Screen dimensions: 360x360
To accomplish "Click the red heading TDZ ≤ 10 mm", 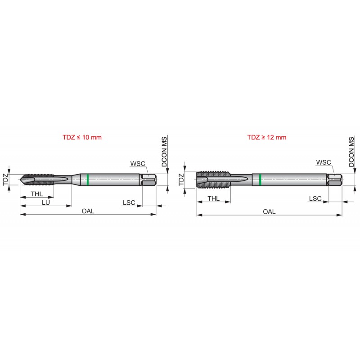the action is (x=82, y=137).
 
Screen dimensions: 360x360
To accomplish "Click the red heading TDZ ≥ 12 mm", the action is (x=267, y=137).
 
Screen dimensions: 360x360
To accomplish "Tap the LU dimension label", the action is (x=46, y=202).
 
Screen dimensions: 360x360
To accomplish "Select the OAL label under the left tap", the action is (x=88, y=211).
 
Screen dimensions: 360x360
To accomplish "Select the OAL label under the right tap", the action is (x=269, y=211).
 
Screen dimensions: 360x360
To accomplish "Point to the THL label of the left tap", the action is (x=37, y=194).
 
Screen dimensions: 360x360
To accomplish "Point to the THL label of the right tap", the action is (x=213, y=198).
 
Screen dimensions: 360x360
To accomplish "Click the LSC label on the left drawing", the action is (x=129, y=202).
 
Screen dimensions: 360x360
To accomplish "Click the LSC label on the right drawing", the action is (x=315, y=198).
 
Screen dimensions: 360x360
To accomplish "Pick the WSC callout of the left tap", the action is (x=138, y=163).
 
